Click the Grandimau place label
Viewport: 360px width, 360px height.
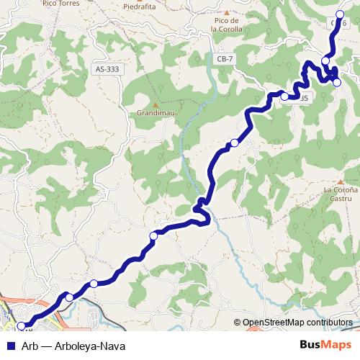coord(153,113)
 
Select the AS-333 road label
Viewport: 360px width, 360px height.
coord(107,70)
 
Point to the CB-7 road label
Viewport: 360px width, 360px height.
coord(225,58)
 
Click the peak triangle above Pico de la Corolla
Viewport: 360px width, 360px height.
coord(227,13)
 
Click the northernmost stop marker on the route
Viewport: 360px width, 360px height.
coord(341,14)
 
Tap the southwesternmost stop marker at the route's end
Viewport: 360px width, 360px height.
coord(19,325)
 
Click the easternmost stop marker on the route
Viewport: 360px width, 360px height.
coord(337,82)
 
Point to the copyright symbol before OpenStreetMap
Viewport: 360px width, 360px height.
coord(238,323)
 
